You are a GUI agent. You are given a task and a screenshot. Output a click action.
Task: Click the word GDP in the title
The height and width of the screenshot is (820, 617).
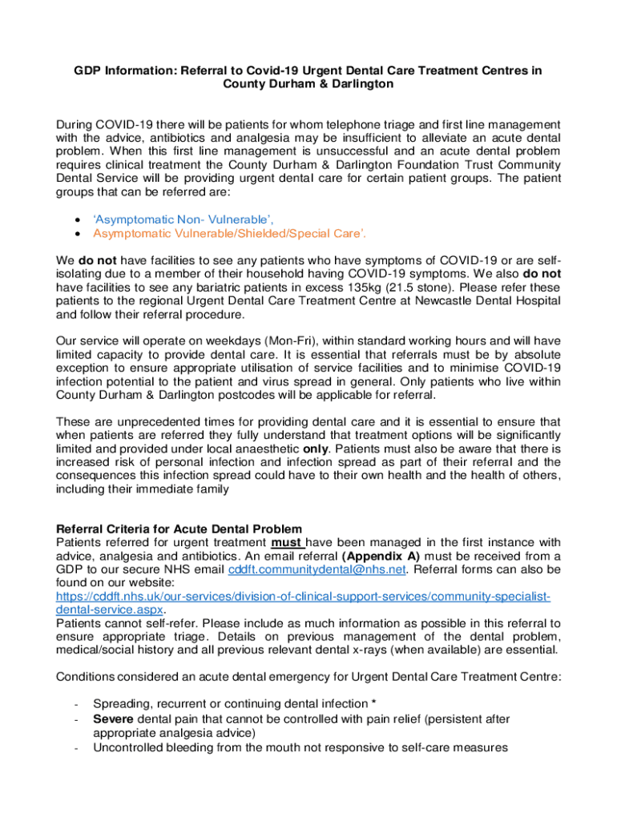tap(89, 70)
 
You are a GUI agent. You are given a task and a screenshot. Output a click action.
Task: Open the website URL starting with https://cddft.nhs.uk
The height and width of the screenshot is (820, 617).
tap(303, 597)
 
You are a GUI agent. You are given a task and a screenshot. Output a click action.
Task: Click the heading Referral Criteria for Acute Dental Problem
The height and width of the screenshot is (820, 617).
tap(179, 529)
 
